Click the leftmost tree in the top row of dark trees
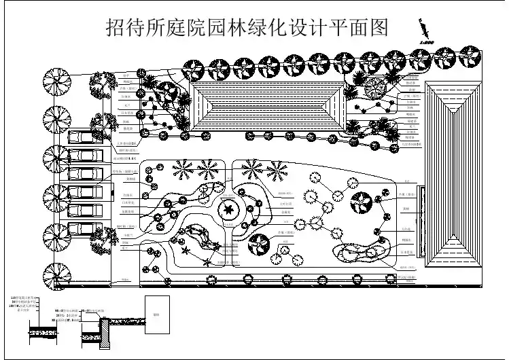coord(193,67)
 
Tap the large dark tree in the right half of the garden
coord(360,202)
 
